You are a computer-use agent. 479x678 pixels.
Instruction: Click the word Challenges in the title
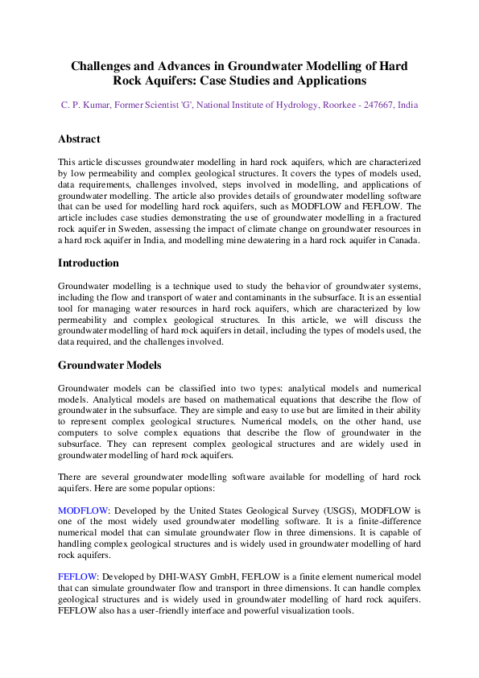103,66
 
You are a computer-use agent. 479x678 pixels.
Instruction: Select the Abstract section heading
79,139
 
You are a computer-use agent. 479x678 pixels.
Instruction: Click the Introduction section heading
89,263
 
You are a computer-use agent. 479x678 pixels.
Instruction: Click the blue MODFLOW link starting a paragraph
82,511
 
